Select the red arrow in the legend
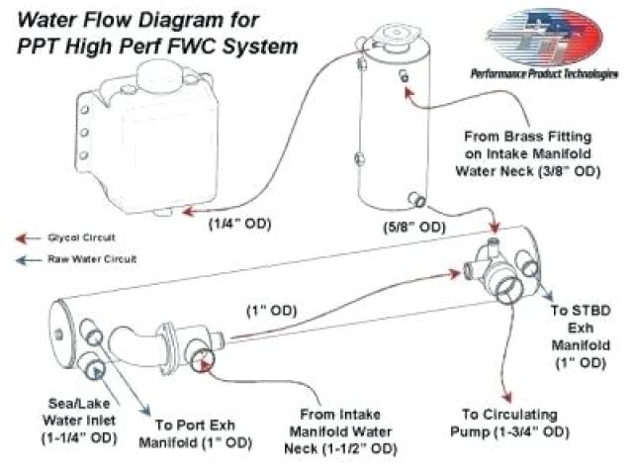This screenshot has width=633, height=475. tap(22, 238)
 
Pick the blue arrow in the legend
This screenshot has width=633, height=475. tap(22, 259)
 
